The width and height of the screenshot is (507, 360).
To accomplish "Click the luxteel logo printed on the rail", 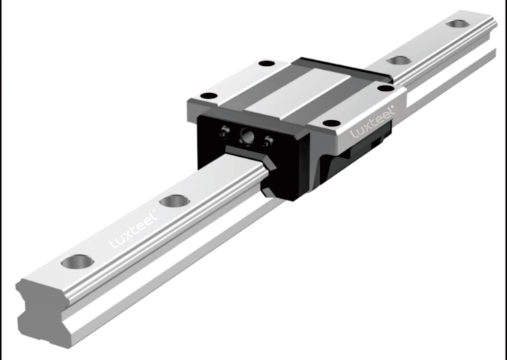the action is [133, 229].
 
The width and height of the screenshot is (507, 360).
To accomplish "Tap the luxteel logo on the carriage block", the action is [373, 121].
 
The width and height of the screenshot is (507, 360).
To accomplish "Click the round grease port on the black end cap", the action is [247, 135].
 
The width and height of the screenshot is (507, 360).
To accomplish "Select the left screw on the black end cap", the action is [224, 131].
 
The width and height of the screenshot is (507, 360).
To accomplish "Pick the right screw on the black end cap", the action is [268, 142].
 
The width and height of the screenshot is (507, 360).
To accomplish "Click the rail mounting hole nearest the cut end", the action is [77, 261].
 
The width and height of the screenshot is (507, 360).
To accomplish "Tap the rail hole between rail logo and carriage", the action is [175, 201].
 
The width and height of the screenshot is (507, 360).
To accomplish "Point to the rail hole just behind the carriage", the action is [399, 60].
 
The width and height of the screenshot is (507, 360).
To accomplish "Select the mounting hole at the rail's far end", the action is [457, 23].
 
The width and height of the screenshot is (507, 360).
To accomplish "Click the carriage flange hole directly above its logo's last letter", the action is [385, 88].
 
